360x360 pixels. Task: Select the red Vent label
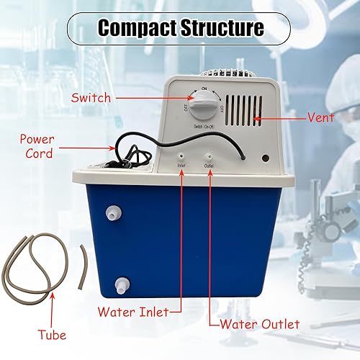[302, 116]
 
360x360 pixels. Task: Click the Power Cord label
[36, 145]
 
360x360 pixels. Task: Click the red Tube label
[52, 335]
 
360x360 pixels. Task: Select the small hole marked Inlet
[181, 155]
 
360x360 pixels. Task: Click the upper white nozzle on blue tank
[112, 213]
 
